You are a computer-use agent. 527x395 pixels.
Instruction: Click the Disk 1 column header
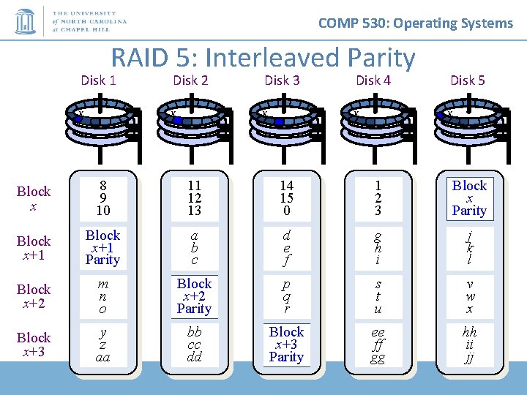pos(98,80)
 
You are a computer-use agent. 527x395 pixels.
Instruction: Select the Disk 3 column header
pos(282,80)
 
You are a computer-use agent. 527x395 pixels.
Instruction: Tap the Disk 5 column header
pos(467,80)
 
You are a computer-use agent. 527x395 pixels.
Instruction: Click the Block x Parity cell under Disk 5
pos(469,198)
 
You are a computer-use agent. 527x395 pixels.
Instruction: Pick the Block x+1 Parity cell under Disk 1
pos(102,247)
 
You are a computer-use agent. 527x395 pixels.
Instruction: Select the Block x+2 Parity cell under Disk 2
pos(194,296)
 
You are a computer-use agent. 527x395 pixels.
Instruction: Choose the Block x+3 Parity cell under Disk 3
pos(285,344)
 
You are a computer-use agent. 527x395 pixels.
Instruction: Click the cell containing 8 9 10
pos(102,198)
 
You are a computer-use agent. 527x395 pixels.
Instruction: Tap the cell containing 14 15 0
pos(285,198)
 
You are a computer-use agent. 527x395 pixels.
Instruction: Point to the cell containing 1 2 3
pos(378,198)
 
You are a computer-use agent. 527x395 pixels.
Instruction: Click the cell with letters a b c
pos(194,247)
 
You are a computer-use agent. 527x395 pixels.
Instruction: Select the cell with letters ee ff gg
pos(378,344)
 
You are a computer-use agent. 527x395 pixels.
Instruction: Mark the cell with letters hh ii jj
pos(469,344)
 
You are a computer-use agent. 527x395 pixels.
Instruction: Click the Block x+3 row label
pos(34,345)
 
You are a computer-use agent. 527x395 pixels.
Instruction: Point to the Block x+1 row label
pos(34,248)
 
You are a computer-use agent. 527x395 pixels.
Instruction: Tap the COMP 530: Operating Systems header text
pos(416,23)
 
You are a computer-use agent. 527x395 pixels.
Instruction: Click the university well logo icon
pos(25,21)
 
